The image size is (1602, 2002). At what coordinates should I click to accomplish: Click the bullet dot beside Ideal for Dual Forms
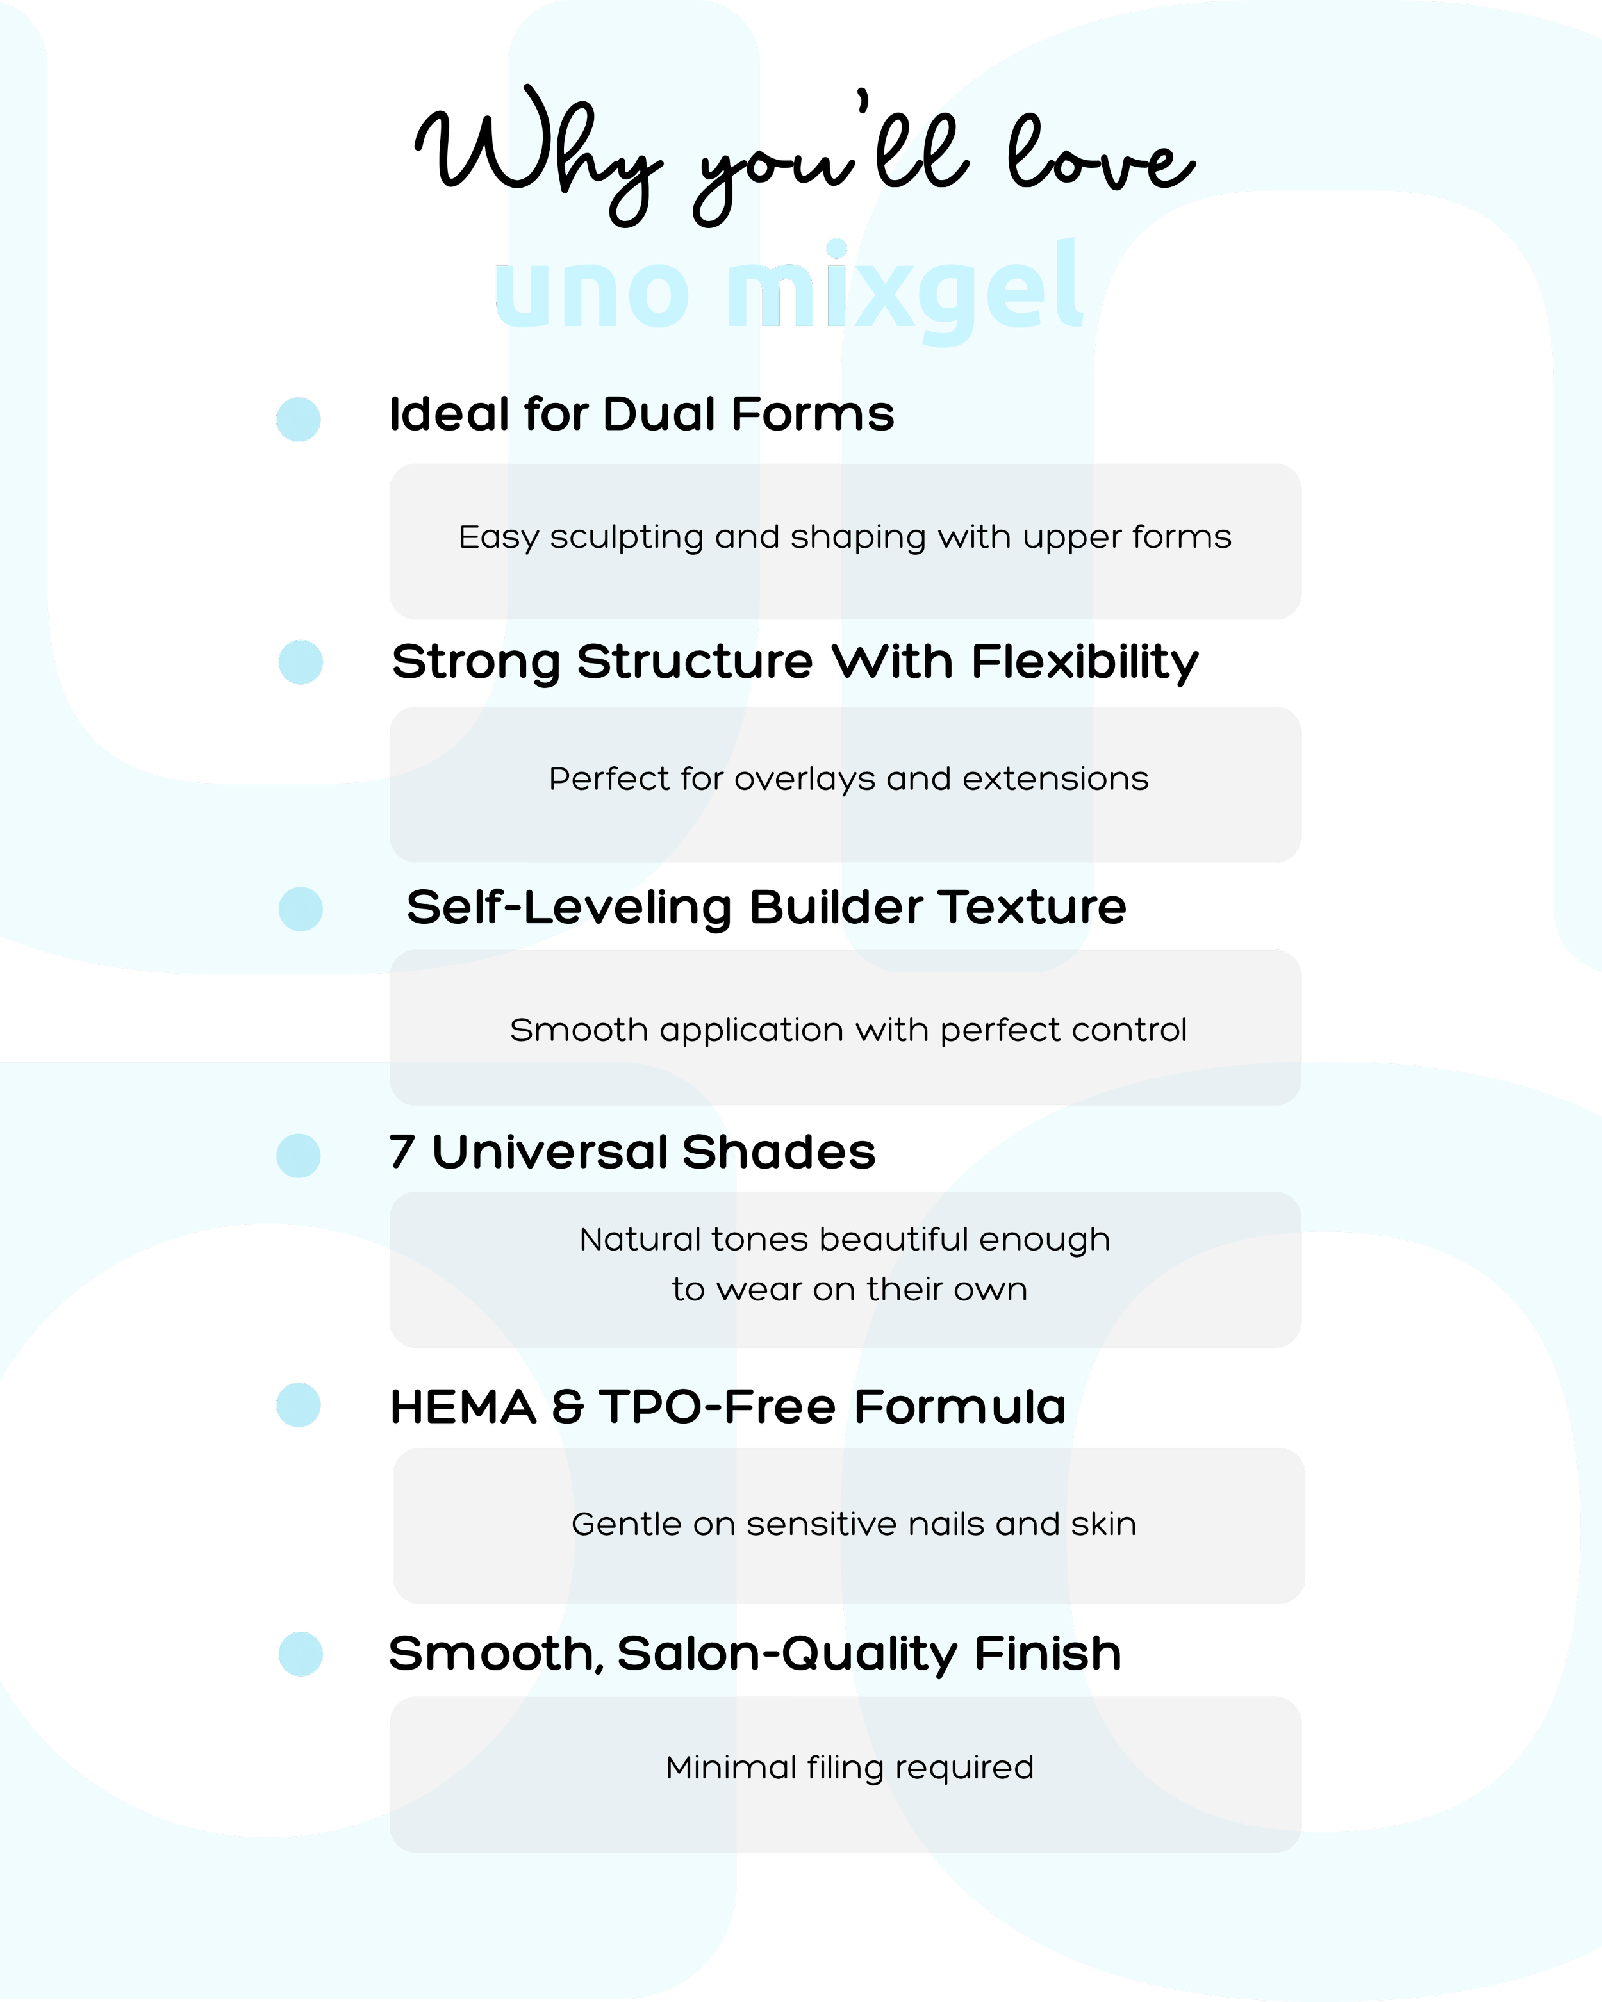click(298, 420)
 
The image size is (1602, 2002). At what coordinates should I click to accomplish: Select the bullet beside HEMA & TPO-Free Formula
click(298, 1405)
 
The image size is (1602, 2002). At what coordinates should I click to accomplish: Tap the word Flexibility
click(1085, 664)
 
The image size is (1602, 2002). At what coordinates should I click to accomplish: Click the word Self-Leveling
click(569, 908)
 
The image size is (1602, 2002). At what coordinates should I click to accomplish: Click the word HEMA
click(463, 1407)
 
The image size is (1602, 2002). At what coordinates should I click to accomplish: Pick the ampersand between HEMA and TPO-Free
click(568, 1407)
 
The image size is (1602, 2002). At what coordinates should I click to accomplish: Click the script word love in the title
click(1100, 153)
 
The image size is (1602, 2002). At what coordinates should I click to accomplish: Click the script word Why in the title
click(539, 153)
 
